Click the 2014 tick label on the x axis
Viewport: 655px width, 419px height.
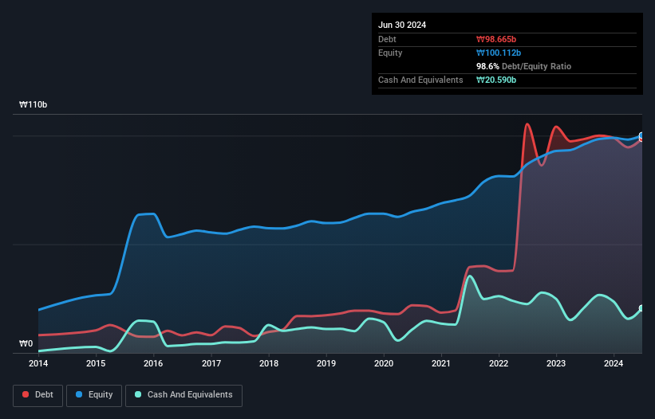38,363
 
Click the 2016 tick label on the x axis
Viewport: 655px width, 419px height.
153,363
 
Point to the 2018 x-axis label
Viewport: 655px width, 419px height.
269,363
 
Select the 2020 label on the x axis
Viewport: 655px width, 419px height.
384,363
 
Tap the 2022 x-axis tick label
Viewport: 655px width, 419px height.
499,363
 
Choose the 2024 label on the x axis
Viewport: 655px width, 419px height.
614,363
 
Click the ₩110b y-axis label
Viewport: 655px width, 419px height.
34,105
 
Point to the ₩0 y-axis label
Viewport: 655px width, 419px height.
26,344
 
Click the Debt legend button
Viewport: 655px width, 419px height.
37,394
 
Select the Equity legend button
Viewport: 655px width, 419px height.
95,394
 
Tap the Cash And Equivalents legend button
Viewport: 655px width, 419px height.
183,394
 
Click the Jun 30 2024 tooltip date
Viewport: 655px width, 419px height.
402,25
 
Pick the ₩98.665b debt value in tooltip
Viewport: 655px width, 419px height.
496,39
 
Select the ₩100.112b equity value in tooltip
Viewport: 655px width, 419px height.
499,53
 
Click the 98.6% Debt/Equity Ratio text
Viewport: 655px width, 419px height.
523,66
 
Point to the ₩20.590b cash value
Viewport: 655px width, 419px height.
496,80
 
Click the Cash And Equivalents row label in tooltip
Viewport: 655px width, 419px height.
420,80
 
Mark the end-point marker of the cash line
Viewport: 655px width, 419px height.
641,308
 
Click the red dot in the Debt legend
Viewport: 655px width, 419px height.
26,394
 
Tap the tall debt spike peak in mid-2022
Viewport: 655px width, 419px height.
527,124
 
